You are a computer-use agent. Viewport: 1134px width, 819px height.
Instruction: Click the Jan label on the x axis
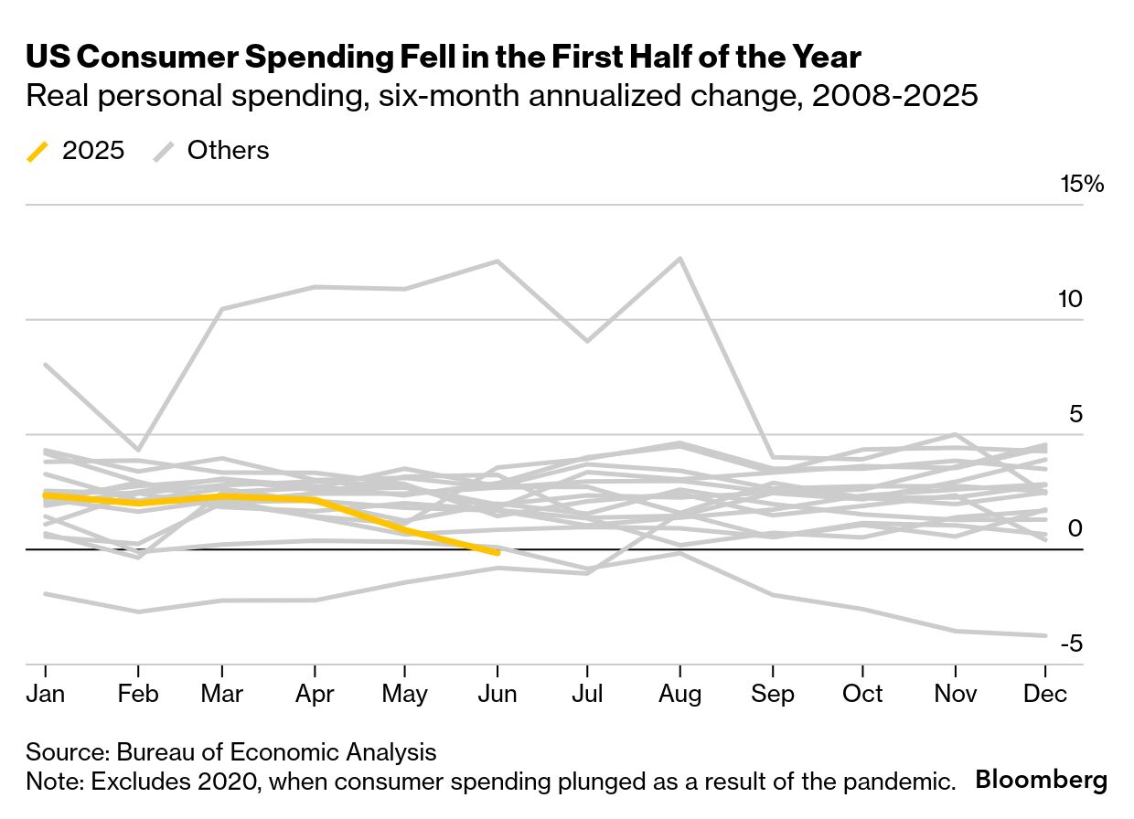point(45,694)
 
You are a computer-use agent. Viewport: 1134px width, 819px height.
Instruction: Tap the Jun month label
point(497,694)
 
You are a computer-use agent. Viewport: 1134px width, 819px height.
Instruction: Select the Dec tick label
point(1045,694)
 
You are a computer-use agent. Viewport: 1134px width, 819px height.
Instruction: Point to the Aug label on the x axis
point(679,694)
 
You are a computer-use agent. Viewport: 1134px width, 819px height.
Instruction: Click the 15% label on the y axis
point(1082,185)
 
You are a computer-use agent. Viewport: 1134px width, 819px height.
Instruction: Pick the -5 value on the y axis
point(1071,643)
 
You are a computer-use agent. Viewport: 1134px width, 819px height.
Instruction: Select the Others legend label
point(228,151)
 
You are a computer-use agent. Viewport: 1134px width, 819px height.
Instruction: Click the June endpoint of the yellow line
point(497,553)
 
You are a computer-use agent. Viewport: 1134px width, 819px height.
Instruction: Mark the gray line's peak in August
point(679,258)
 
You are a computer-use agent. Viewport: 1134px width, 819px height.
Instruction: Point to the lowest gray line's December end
point(1045,635)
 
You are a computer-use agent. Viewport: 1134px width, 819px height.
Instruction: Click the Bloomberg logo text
point(1042,781)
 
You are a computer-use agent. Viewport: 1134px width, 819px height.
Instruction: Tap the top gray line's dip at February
point(137,450)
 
